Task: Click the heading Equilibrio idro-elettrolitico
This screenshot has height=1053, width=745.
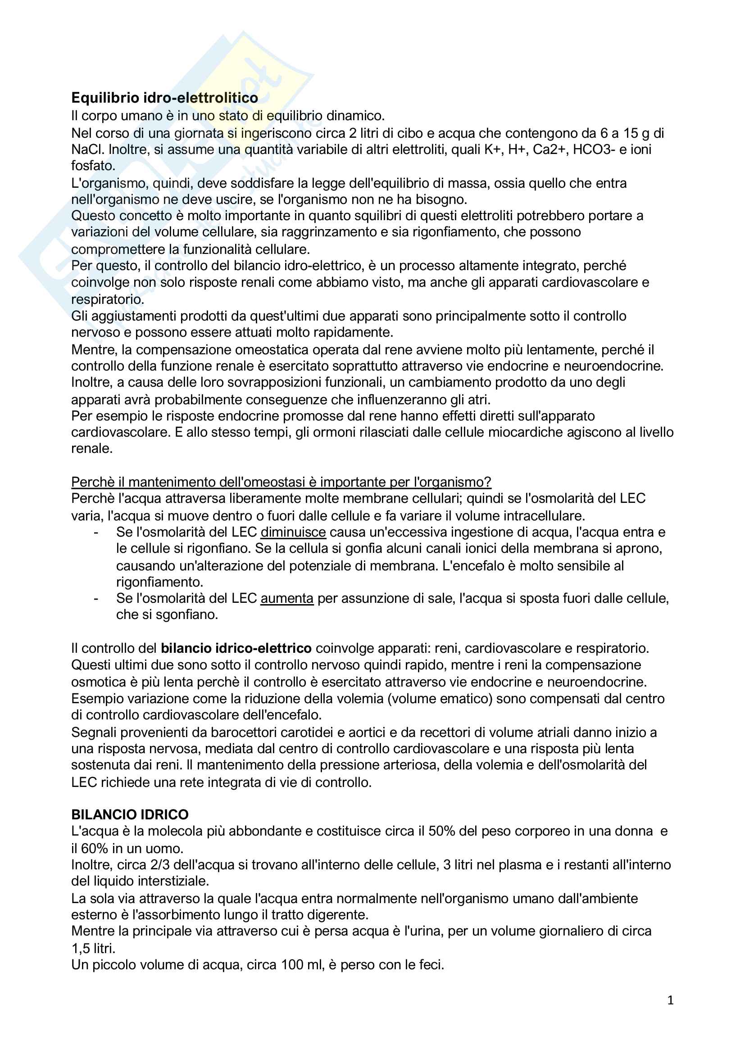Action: click(x=164, y=98)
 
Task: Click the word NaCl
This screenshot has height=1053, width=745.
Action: click(x=88, y=149)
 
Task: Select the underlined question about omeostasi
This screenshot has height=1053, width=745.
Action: click(x=281, y=482)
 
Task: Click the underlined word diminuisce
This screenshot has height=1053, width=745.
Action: click(x=293, y=532)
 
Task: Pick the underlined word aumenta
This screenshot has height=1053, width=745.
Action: click(x=287, y=598)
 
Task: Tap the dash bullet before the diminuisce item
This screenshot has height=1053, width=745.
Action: click(x=95, y=533)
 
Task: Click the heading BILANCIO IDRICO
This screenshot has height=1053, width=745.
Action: click(x=130, y=814)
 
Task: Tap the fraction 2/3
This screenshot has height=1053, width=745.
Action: click(x=159, y=864)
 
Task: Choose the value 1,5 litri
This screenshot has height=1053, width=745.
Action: click(x=93, y=948)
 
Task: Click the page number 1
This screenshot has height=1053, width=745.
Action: click(x=670, y=1000)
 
